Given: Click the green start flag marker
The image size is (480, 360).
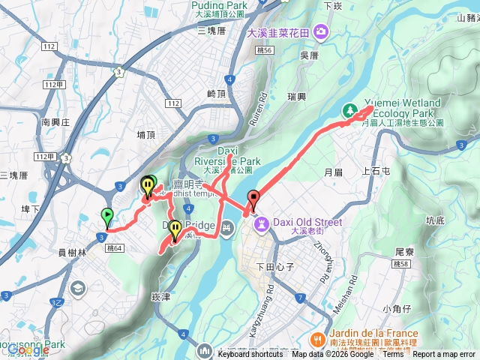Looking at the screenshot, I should (106, 216).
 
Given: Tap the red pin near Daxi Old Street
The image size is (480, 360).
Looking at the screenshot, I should (253, 199).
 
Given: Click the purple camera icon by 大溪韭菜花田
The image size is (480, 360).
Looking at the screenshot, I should (321, 31).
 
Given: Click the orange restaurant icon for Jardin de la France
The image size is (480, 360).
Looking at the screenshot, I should (318, 339).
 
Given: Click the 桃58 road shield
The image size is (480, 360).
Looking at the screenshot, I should (400, 264).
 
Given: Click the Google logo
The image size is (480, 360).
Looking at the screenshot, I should (28, 349).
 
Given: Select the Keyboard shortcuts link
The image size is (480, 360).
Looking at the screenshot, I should (250, 355).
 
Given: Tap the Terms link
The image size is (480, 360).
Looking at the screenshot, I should (393, 355).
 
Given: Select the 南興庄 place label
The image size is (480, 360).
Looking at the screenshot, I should (55, 121).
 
